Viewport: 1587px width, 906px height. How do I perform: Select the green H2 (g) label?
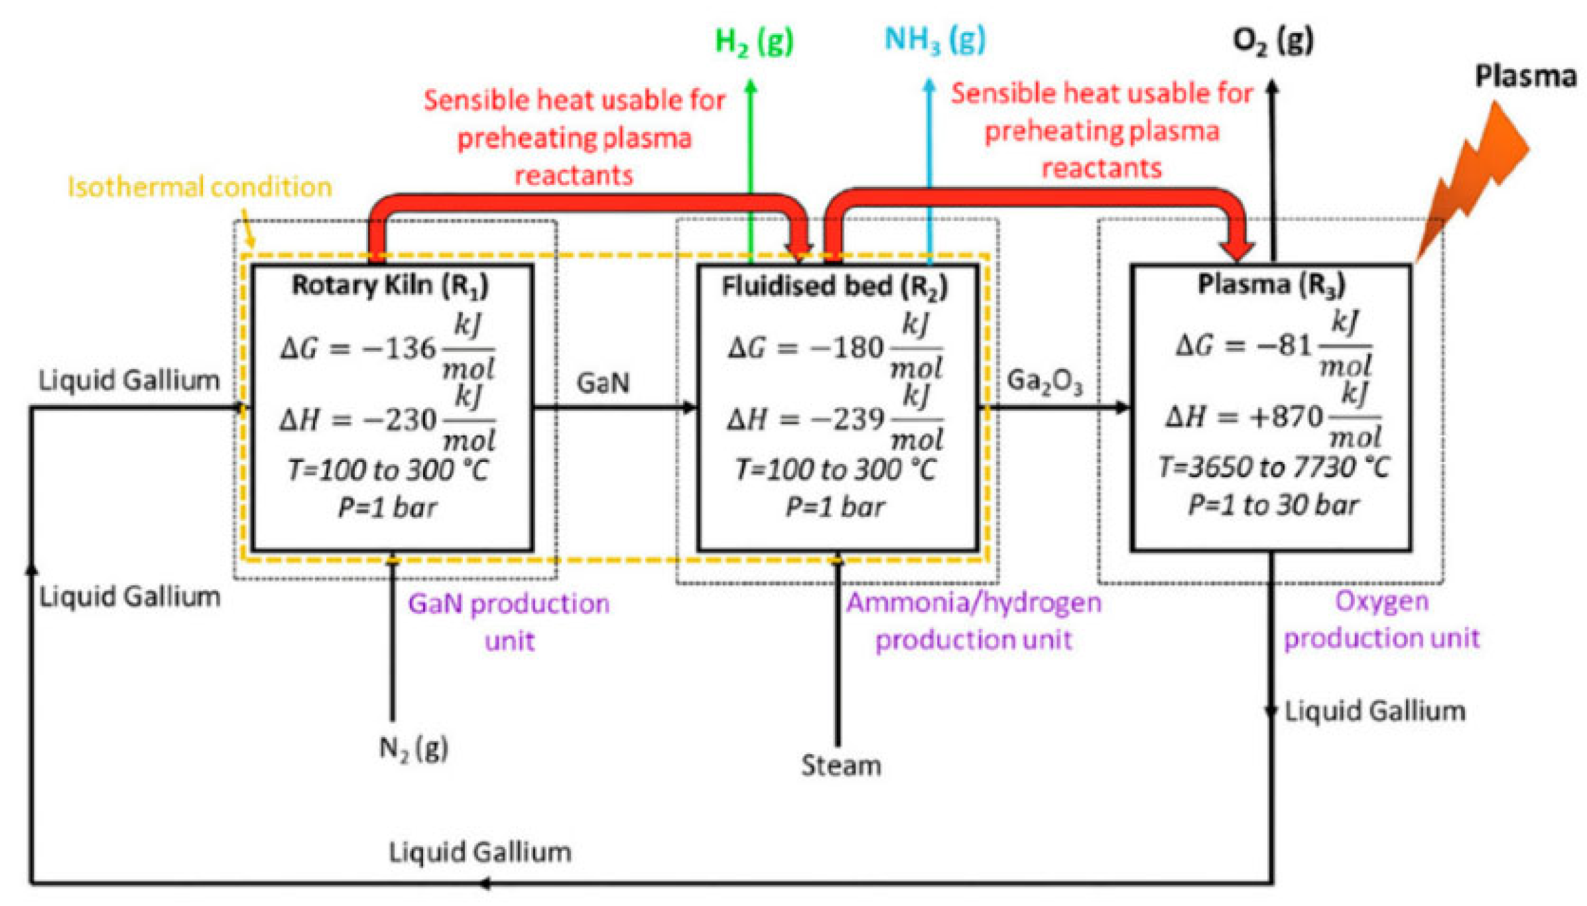click(753, 41)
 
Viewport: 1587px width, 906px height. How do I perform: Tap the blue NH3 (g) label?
click(934, 40)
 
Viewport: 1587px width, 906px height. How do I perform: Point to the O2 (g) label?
click(1272, 41)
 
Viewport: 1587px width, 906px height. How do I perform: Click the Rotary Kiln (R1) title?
click(390, 286)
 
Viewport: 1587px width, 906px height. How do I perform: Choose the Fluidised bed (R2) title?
click(834, 286)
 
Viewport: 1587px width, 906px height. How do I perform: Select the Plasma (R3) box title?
click(1271, 284)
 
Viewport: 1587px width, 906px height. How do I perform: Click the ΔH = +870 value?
click(1244, 417)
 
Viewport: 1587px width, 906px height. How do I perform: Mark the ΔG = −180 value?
click(806, 347)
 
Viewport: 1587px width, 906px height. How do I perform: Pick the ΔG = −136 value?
click(358, 348)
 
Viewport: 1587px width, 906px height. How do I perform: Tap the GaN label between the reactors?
click(602, 383)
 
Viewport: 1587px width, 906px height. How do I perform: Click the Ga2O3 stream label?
click(1044, 382)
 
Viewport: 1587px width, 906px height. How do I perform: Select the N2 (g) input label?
click(413, 748)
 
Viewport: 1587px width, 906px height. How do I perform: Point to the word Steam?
click(841, 765)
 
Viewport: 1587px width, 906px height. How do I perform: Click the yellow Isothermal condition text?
click(199, 187)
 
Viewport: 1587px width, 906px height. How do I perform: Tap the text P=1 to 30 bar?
click(1272, 505)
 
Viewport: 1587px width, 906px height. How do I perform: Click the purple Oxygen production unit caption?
click(1381, 619)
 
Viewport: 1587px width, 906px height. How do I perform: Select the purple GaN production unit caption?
click(508, 622)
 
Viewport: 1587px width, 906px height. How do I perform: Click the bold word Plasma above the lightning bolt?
click(1525, 76)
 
